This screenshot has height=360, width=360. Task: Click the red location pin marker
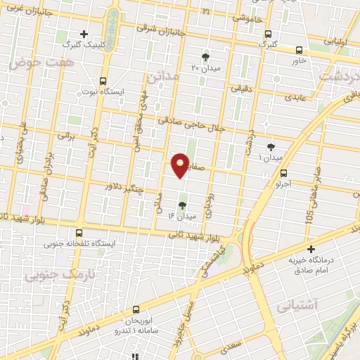click(x=181, y=165)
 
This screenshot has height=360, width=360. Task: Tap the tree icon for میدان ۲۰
click(x=206, y=57)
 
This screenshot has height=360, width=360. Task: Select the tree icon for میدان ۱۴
click(x=183, y=205)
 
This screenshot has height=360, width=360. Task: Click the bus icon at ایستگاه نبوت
click(x=103, y=80)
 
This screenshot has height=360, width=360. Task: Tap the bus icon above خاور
click(x=300, y=50)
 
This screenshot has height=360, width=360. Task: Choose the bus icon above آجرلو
click(x=283, y=173)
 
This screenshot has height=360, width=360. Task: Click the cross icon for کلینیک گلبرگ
click(x=84, y=33)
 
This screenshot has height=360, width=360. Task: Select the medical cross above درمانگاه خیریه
click(x=310, y=248)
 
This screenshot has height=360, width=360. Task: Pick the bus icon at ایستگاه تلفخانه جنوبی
click(x=78, y=233)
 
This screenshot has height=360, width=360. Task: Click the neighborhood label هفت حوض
click(x=32, y=63)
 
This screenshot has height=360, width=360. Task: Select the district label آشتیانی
click(x=297, y=305)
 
